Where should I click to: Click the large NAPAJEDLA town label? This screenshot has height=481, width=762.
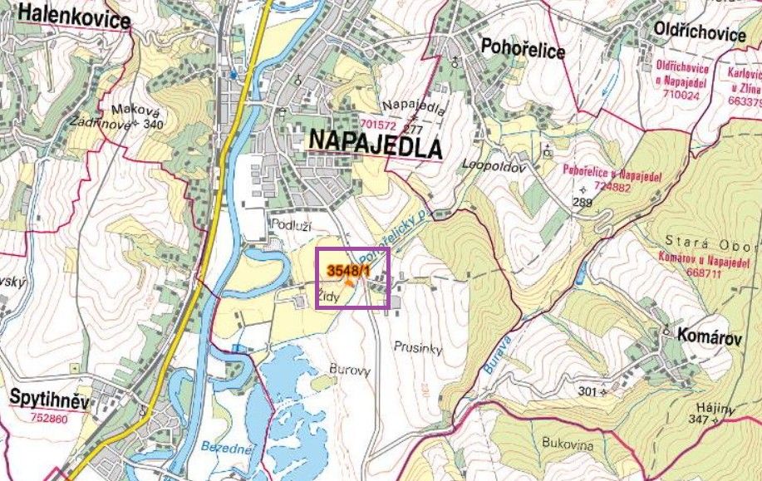pyautogui.click(x=374, y=143)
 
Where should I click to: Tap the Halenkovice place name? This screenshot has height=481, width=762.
pyautogui.click(x=73, y=14)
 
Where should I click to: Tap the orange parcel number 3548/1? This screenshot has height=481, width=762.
pyautogui.click(x=349, y=270)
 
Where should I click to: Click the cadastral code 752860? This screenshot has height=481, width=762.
pyautogui.click(x=50, y=419)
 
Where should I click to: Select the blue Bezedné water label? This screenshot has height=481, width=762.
pyautogui.click(x=226, y=449)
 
